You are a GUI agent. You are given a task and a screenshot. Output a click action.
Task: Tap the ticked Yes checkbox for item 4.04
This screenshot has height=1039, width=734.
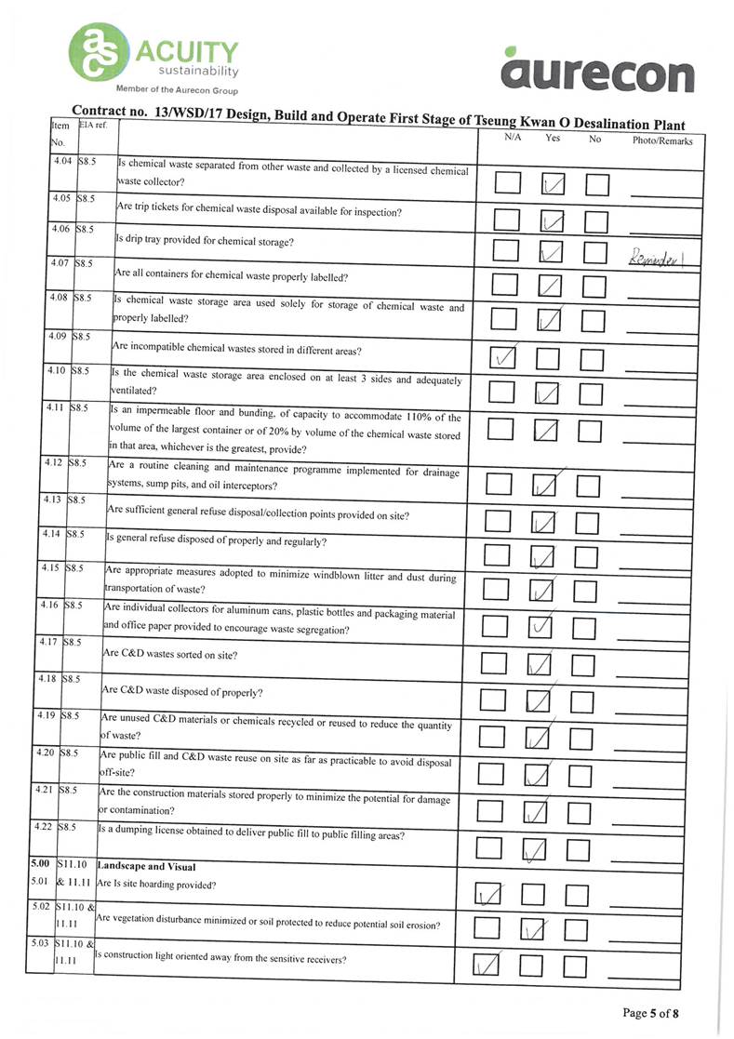pos(554,187)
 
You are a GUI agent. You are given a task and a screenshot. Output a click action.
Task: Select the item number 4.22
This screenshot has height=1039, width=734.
pos(43,826)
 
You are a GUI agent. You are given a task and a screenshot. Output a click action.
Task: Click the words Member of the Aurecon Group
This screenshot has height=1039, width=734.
pos(177,90)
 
